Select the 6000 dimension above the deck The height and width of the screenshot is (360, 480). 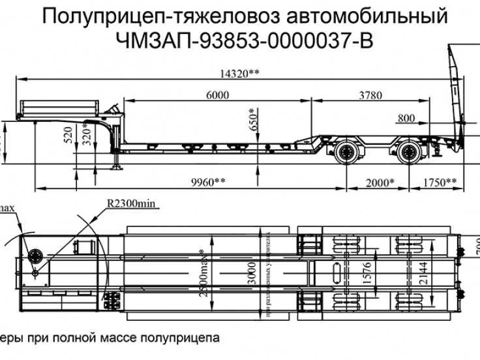pyautogui.click(x=217, y=96)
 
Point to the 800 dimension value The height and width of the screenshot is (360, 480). pyautogui.click(x=406, y=118)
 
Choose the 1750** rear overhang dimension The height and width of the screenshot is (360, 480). pyautogui.click(x=441, y=182)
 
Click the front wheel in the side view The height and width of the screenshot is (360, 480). pyautogui.click(x=345, y=156)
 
